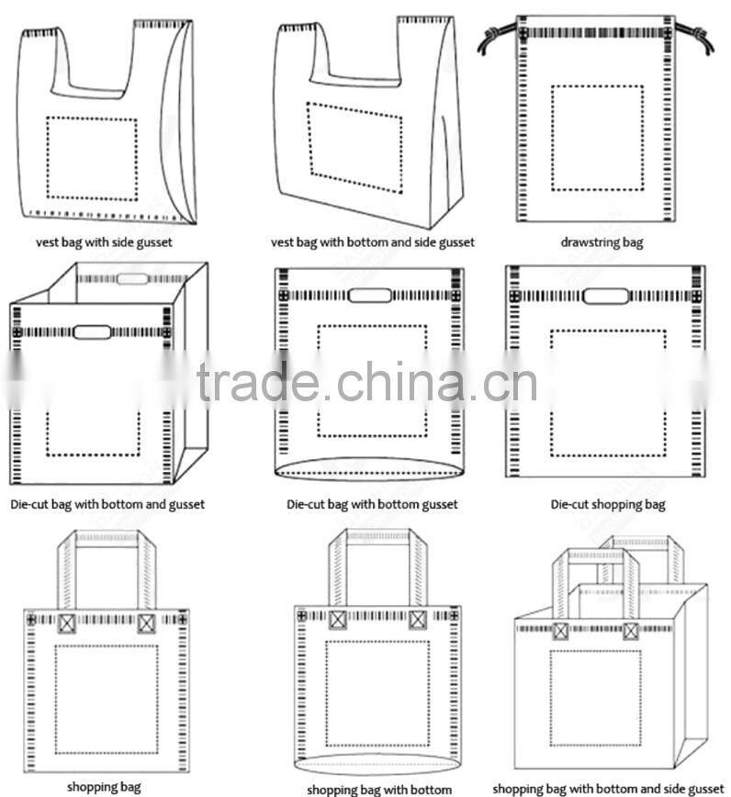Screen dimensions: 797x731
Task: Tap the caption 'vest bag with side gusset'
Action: (x=103, y=242)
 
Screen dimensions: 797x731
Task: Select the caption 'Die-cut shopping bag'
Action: (x=607, y=504)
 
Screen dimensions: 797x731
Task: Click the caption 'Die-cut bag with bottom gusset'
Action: (x=372, y=504)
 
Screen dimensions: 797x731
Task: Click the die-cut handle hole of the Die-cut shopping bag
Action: (x=606, y=296)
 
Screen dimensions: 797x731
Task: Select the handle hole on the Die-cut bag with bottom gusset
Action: (x=370, y=296)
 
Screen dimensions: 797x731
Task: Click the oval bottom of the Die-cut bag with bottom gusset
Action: (x=368, y=469)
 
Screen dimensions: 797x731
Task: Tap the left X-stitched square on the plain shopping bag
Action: (x=67, y=623)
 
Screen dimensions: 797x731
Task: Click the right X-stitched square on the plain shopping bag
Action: (x=146, y=623)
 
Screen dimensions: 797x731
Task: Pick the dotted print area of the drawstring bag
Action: (x=597, y=138)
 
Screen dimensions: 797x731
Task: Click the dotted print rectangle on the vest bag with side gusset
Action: (x=92, y=157)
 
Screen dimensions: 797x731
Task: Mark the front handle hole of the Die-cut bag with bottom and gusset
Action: (x=92, y=331)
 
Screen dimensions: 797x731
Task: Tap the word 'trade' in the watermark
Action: (x=256, y=383)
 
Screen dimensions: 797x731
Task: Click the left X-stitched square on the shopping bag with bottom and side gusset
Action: (x=560, y=631)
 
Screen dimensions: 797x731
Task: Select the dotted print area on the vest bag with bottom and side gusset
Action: (x=355, y=147)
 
